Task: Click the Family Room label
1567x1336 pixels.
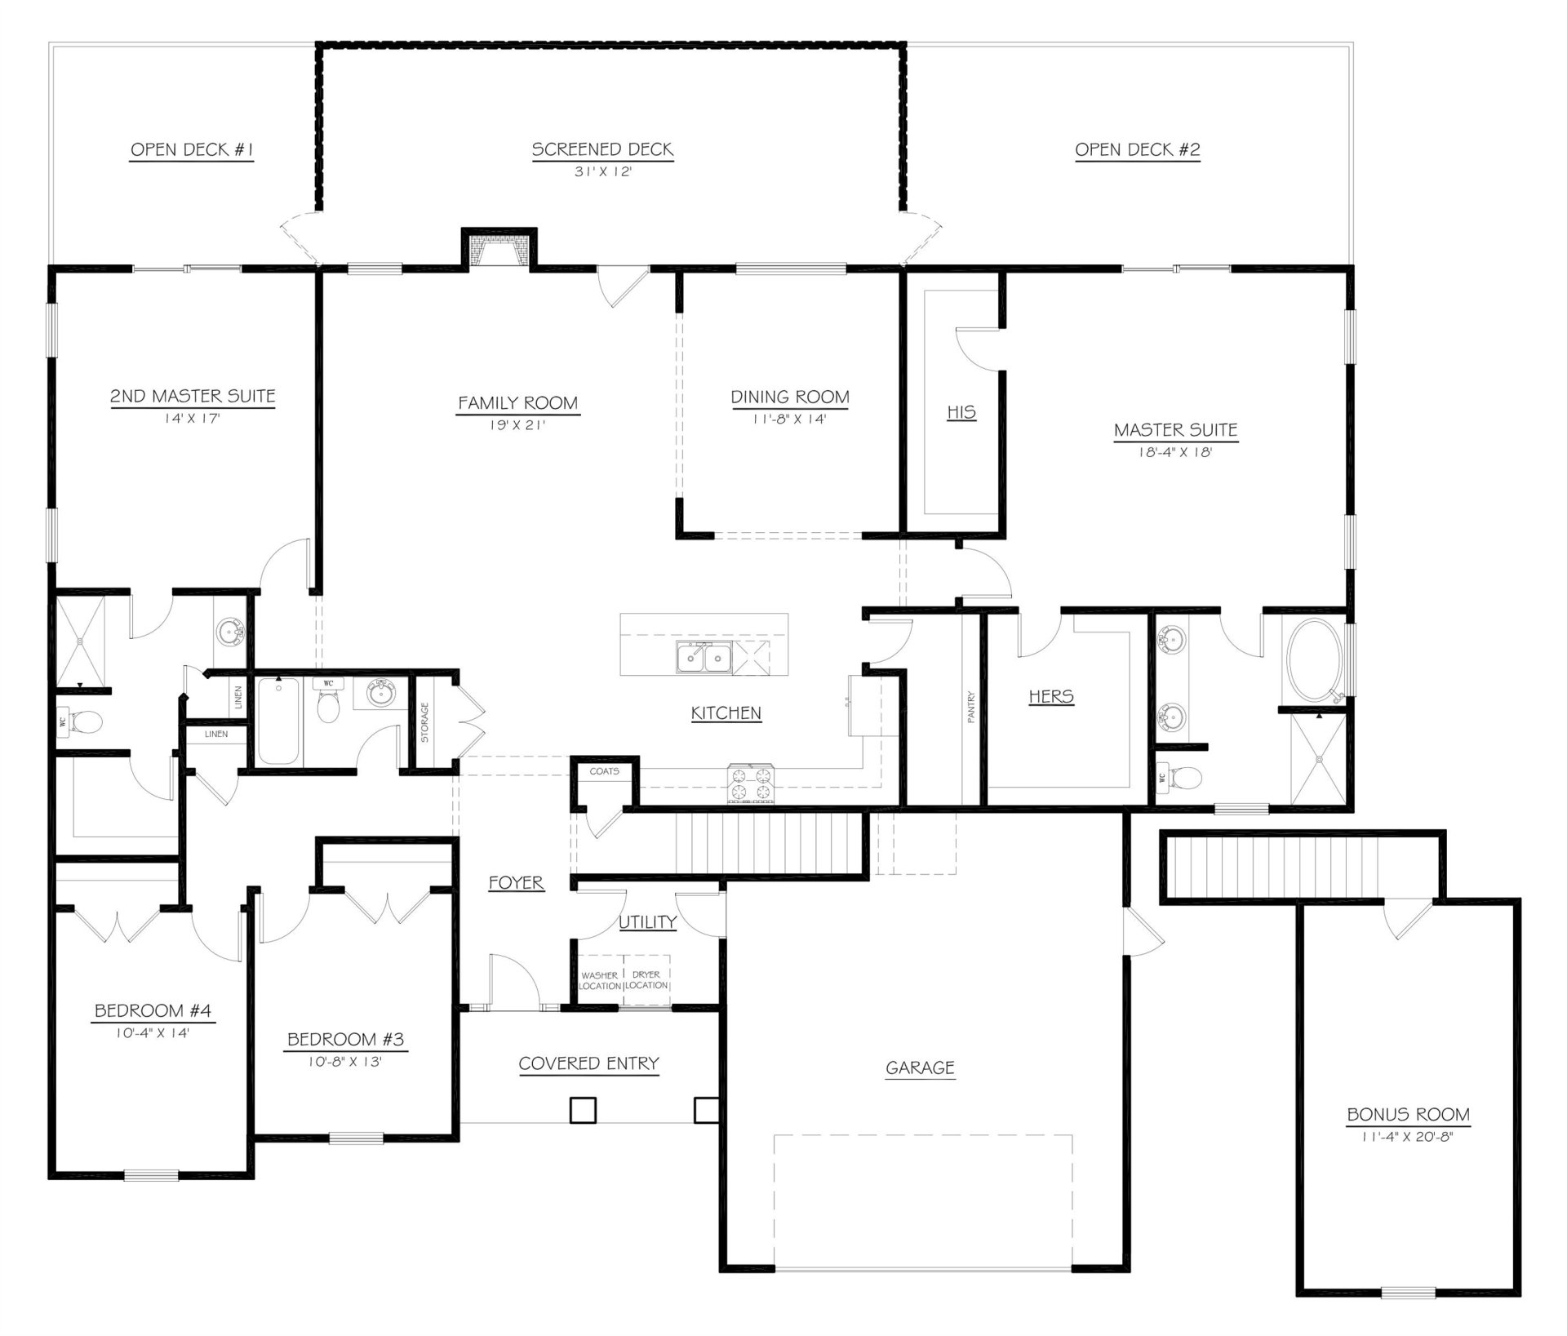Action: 517,403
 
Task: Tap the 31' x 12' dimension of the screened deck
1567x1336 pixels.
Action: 602,172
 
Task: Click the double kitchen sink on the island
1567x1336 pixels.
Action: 704,658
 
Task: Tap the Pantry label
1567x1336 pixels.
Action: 971,707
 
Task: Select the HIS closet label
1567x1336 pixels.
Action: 961,412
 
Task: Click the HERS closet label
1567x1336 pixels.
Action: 1051,696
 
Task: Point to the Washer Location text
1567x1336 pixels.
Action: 600,980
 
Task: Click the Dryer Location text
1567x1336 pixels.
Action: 646,980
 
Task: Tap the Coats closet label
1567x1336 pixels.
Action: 605,770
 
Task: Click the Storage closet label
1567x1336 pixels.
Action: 424,723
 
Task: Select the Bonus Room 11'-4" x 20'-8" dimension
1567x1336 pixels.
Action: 1408,1136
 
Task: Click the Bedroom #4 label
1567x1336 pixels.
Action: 153,1010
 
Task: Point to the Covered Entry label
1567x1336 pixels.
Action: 588,1063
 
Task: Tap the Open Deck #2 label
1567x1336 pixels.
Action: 1137,149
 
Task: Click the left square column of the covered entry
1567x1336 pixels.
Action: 583,1110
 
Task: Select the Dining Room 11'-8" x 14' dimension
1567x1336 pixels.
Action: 789,419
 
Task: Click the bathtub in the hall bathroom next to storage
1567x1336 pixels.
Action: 278,721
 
